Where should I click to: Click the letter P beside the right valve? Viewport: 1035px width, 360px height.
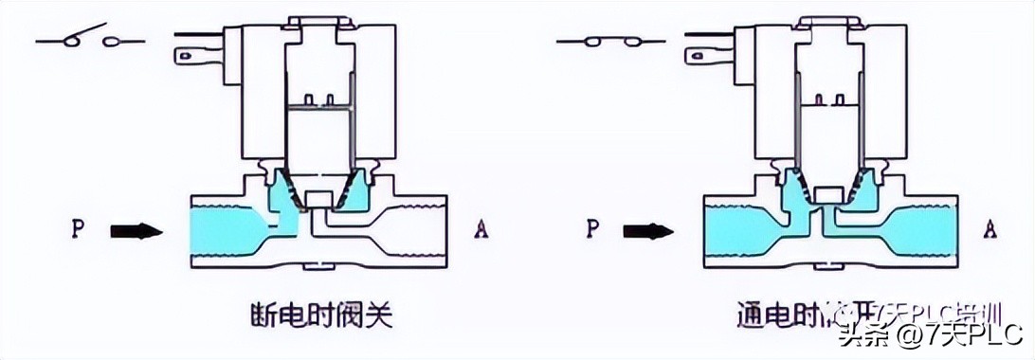tap(592, 229)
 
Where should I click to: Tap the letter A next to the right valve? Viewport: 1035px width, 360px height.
tap(990, 228)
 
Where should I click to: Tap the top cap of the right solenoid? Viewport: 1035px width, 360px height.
tap(830, 20)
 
